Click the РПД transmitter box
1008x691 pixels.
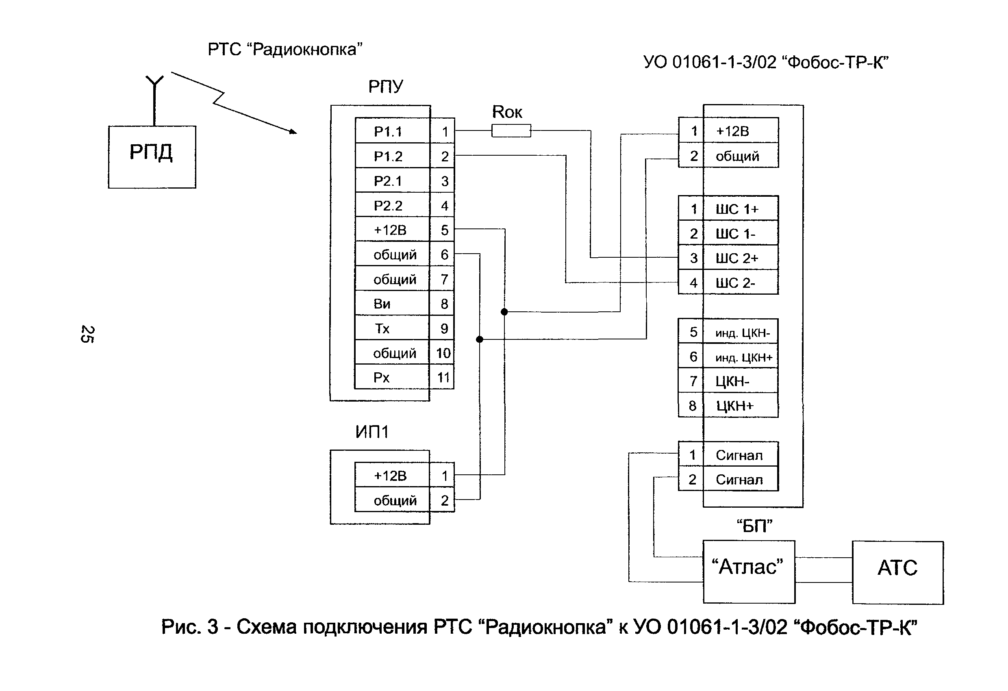(x=152, y=156)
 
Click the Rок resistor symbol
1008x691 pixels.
(x=511, y=130)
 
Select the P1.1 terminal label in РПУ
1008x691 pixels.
(x=388, y=131)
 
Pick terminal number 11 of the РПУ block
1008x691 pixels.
(x=443, y=377)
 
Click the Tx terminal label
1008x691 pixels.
(x=382, y=328)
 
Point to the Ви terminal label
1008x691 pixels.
(x=382, y=304)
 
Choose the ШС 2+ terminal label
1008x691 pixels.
(x=736, y=258)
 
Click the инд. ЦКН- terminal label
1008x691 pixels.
(x=742, y=333)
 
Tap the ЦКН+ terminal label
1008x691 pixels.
(x=735, y=406)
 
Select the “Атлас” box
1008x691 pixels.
(x=749, y=571)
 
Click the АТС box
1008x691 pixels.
(x=897, y=572)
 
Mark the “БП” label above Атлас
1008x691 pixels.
(x=754, y=526)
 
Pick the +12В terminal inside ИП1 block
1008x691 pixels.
(x=390, y=476)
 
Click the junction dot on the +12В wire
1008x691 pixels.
(x=504, y=311)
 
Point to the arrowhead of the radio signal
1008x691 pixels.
(x=293, y=131)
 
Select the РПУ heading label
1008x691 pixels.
(x=385, y=87)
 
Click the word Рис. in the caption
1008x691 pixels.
(x=181, y=627)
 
